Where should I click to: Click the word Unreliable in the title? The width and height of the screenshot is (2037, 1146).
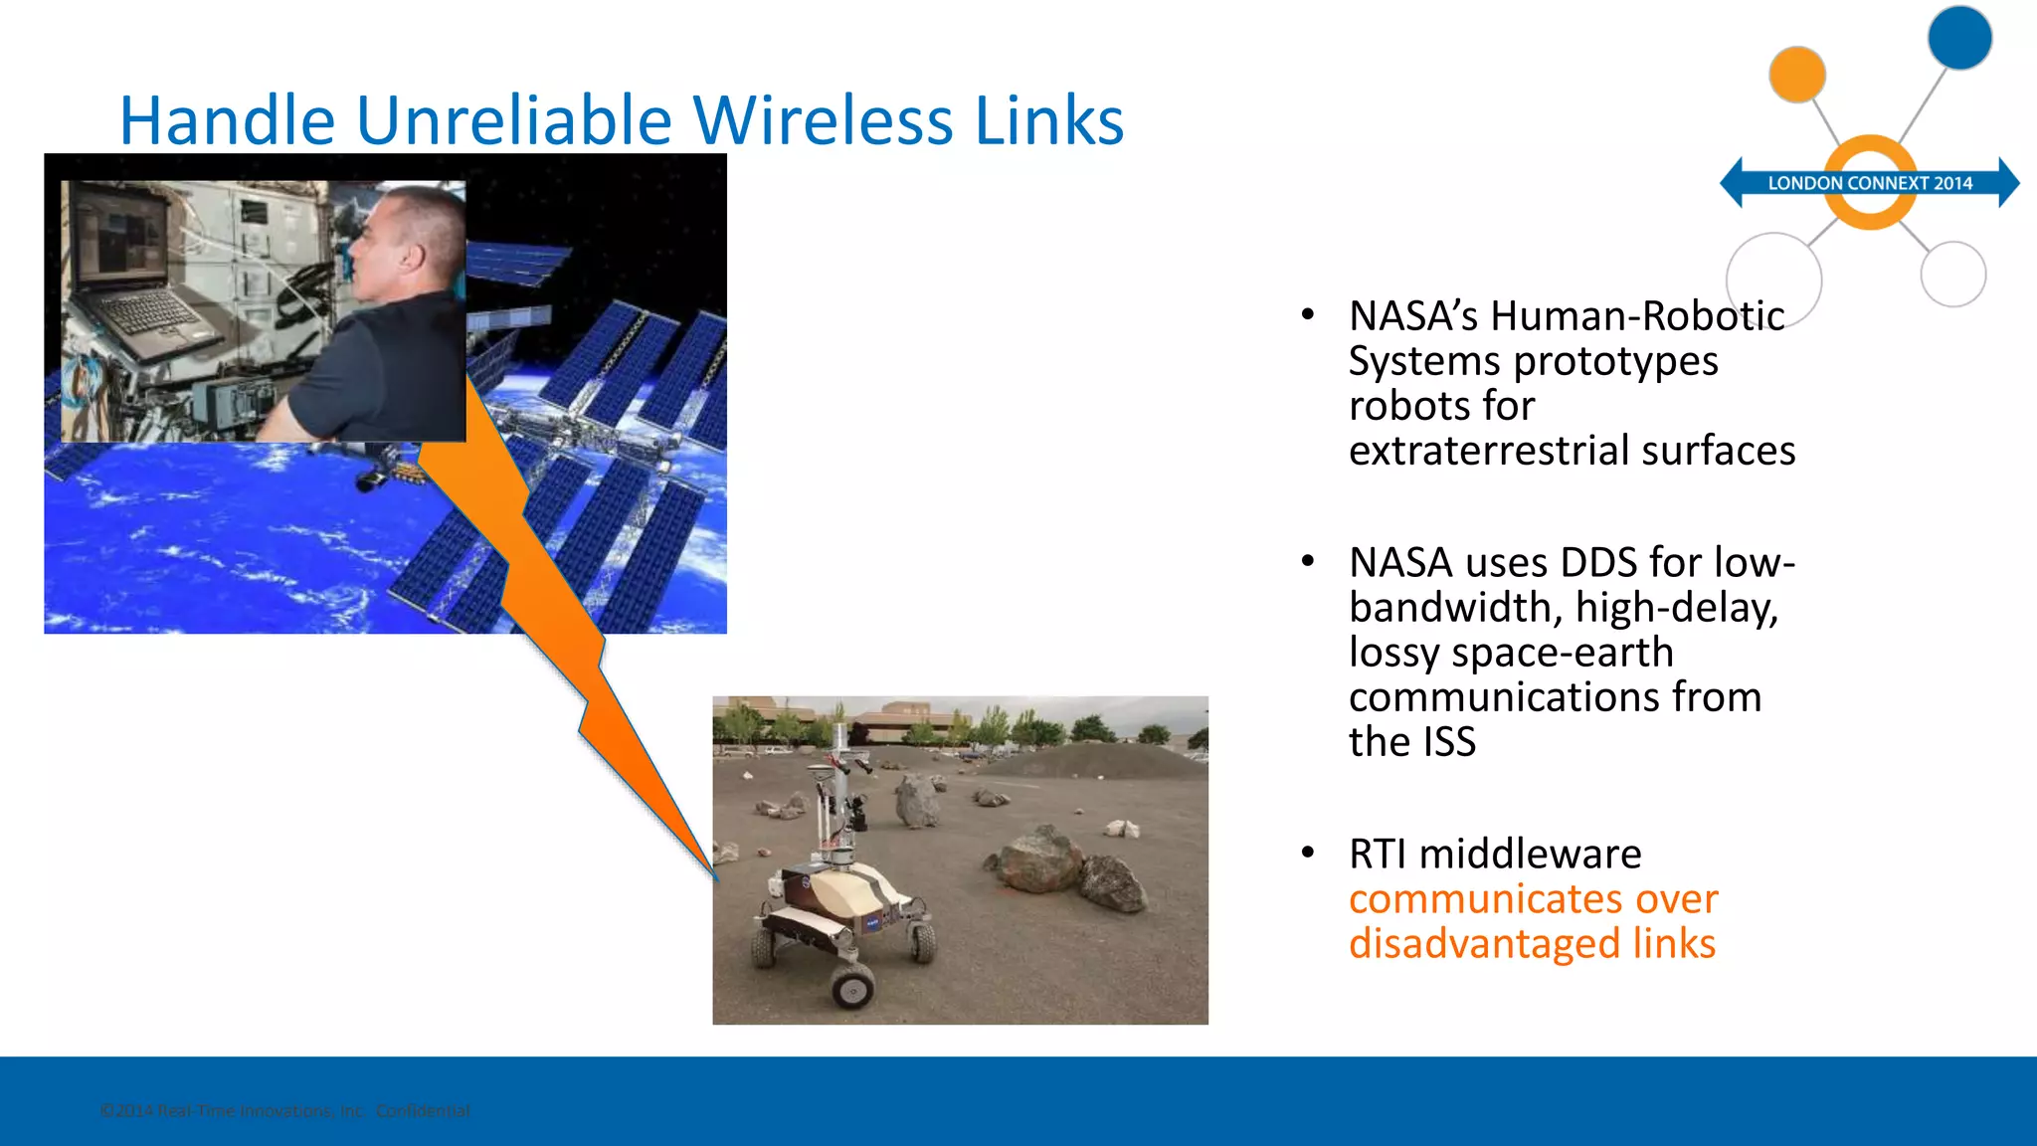tap(515, 120)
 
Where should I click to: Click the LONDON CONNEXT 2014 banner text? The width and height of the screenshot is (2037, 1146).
tap(1869, 183)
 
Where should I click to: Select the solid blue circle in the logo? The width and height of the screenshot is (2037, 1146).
tap(1959, 38)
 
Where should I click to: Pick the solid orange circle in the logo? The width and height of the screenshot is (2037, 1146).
tap(1796, 75)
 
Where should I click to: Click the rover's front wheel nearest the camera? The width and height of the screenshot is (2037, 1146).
tap(853, 985)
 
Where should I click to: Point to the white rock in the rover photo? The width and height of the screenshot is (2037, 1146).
tap(1122, 828)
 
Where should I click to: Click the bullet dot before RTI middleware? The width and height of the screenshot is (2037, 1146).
tap(1308, 853)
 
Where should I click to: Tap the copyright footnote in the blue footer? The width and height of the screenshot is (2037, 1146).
tap(285, 1110)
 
